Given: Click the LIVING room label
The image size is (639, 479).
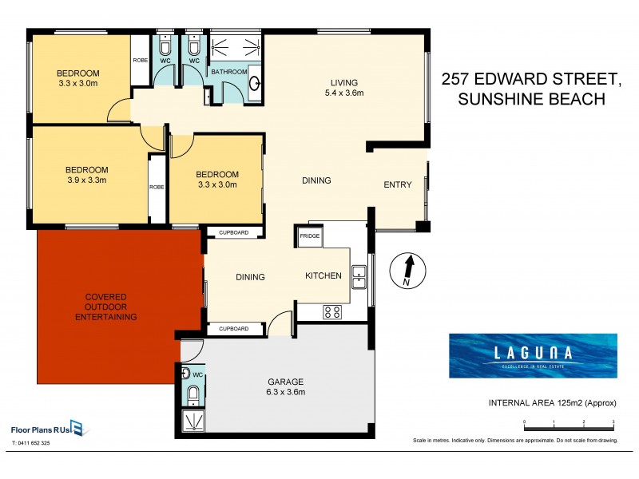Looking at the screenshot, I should click(346, 82).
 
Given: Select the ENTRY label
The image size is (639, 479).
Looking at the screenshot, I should click(398, 185).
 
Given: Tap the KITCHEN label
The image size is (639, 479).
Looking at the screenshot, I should click(323, 276).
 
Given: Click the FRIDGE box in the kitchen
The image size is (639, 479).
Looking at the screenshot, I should click(309, 236).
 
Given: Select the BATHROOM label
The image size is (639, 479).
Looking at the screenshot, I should click(228, 72).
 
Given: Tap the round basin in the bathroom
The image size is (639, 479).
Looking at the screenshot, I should click(254, 82).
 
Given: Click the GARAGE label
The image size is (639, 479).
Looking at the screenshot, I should click(286, 382).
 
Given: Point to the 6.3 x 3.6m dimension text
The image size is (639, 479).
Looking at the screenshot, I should click(286, 392).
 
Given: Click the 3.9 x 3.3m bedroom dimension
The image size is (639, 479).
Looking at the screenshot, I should click(86, 180).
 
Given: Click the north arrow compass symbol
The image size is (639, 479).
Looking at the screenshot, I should click(407, 271).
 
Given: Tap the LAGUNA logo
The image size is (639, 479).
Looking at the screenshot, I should click(532, 355).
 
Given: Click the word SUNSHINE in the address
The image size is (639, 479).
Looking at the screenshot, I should click(485, 100).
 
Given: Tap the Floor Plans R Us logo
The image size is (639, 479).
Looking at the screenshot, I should click(48, 427).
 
